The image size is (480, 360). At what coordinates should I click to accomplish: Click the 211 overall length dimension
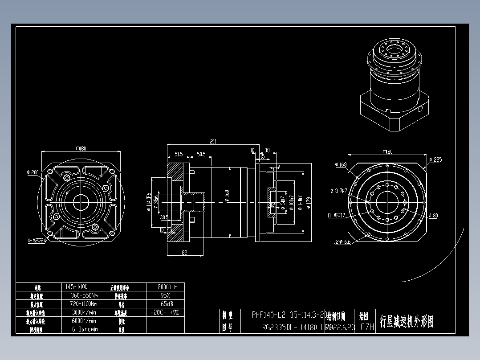pyautogui.click(x=213, y=142)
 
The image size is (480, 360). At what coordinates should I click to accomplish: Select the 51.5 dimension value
pyautogui.click(x=178, y=154)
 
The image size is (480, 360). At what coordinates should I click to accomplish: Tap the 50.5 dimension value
pyautogui.click(x=200, y=154)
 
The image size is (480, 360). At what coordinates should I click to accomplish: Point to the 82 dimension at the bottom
pyautogui.click(x=184, y=253)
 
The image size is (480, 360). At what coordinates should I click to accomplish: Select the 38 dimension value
pyautogui.click(x=267, y=150)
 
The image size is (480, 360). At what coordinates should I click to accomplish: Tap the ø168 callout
pyautogui.click(x=341, y=165)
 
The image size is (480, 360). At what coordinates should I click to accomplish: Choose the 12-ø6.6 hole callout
pyautogui.click(x=342, y=242)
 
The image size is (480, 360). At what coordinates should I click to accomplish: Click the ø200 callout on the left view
pyautogui.click(x=33, y=172)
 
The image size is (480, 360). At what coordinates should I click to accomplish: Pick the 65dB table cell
pyautogui.click(x=165, y=304)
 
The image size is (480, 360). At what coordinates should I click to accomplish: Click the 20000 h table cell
pyautogui.click(x=165, y=287)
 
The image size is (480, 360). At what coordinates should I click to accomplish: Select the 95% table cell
pyautogui.click(x=165, y=295)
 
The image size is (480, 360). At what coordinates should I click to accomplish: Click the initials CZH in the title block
pyautogui.click(x=366, y=327)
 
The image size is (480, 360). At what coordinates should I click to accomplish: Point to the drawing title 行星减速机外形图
pyautogui.click(x=406, y=321)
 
